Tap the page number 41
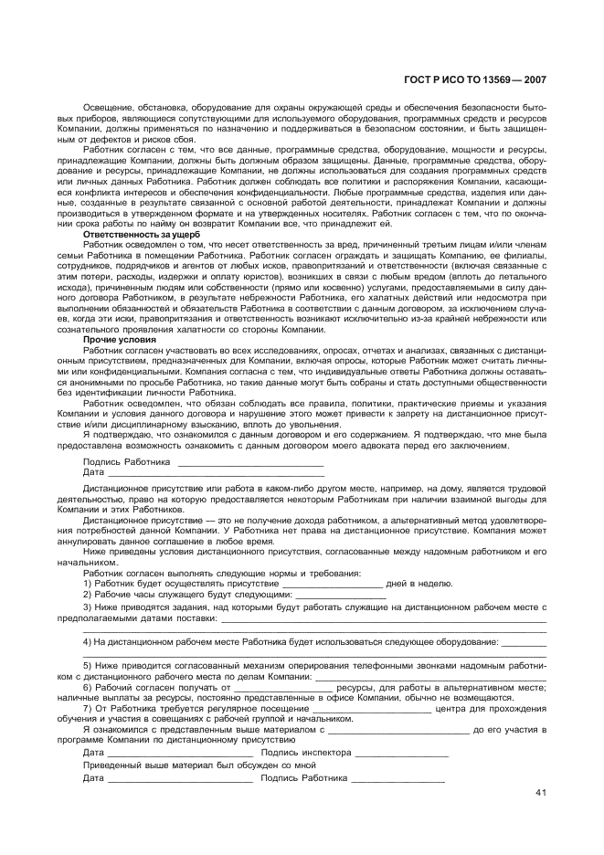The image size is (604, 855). tap(541, 792)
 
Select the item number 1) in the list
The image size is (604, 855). tap(88, 583)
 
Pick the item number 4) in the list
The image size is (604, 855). tap(88, 642)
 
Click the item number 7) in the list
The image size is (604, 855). tap(88, 708)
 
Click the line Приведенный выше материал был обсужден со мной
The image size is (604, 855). tap(198, 765)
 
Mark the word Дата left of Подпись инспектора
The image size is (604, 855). tap(93, 753)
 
